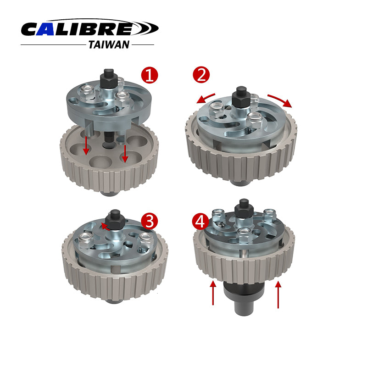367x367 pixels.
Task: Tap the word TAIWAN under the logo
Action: click(x=109, y=44)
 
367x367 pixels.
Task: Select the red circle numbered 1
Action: click(x=150, y=75)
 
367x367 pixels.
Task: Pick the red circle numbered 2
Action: click(x=201, y=75)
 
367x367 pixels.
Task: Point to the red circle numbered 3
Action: click(x=150, y=221)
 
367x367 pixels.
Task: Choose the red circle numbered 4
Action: click(x=200, y=222)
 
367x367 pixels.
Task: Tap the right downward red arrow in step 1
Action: click(x=125, y=154)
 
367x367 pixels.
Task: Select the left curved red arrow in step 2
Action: click(x=205, y=98)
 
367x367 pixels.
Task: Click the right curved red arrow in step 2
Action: click(x=280, y=100)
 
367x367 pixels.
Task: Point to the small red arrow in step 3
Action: click(x=105, y=227)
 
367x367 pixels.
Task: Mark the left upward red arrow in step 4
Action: click(x=213, y=293)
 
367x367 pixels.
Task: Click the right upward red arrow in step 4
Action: click(x=278, y=295)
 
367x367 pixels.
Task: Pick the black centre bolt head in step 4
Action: click(x=245, y=209)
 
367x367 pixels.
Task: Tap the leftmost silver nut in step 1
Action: click(x=87, y=92)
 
